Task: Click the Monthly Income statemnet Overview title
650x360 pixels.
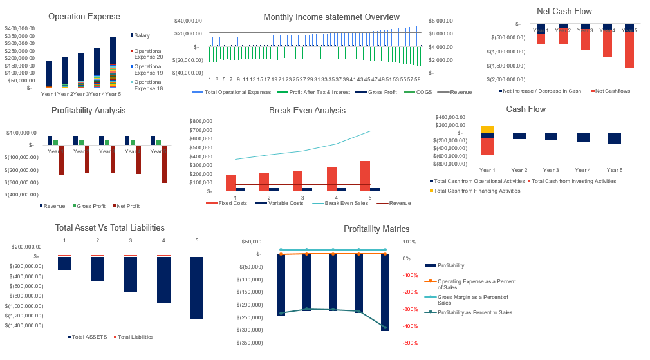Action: coord(331,17)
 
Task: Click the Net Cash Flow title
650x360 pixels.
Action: coord(564,11)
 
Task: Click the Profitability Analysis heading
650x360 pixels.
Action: coord(88,110)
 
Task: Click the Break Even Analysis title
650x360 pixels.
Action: coord(307,110)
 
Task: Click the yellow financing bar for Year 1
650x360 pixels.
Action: coord(488,129)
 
